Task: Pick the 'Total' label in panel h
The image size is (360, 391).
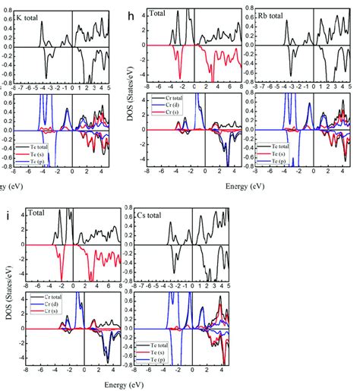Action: pos(161,13)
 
